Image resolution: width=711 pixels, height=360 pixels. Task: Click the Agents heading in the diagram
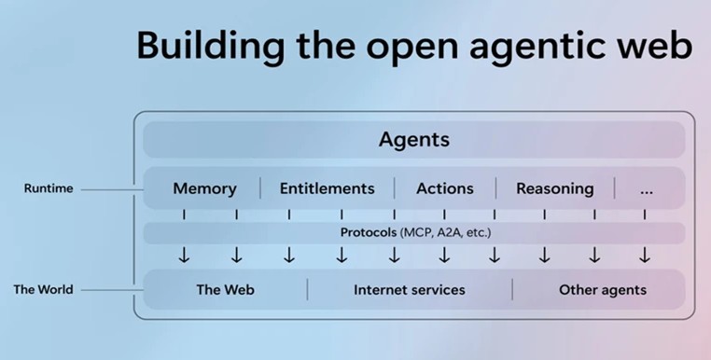click(x=413, y=140)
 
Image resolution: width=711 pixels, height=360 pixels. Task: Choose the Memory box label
click(x=204, y=188)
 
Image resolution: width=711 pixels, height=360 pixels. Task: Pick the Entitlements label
click(x=327, y=188)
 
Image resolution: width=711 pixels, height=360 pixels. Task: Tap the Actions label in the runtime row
click(x=444, y=188)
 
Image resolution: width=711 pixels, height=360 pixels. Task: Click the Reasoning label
click(x=554, y=188)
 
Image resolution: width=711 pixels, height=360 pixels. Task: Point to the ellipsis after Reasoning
click(x=648, y=189)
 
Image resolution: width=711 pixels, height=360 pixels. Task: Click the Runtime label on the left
click(x=49, y=188)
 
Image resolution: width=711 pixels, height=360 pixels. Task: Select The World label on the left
click(x=43, y=289)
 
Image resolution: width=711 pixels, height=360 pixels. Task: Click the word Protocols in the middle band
click(x=368, y=231)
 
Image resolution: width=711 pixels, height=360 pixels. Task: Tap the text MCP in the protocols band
click(x=416, y=231)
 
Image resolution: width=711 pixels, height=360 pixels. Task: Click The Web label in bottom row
click(x=225, y=289)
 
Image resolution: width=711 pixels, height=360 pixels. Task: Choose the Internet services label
click(x=409, y=289)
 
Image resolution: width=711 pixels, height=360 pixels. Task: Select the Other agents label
click(x=602, y=289)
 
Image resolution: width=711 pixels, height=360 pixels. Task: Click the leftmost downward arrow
click(x=184, y=255)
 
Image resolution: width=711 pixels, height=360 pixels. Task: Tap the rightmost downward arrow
click(x=644, y=255)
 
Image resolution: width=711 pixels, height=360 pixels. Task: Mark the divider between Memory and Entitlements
click(x=259, y=188)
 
